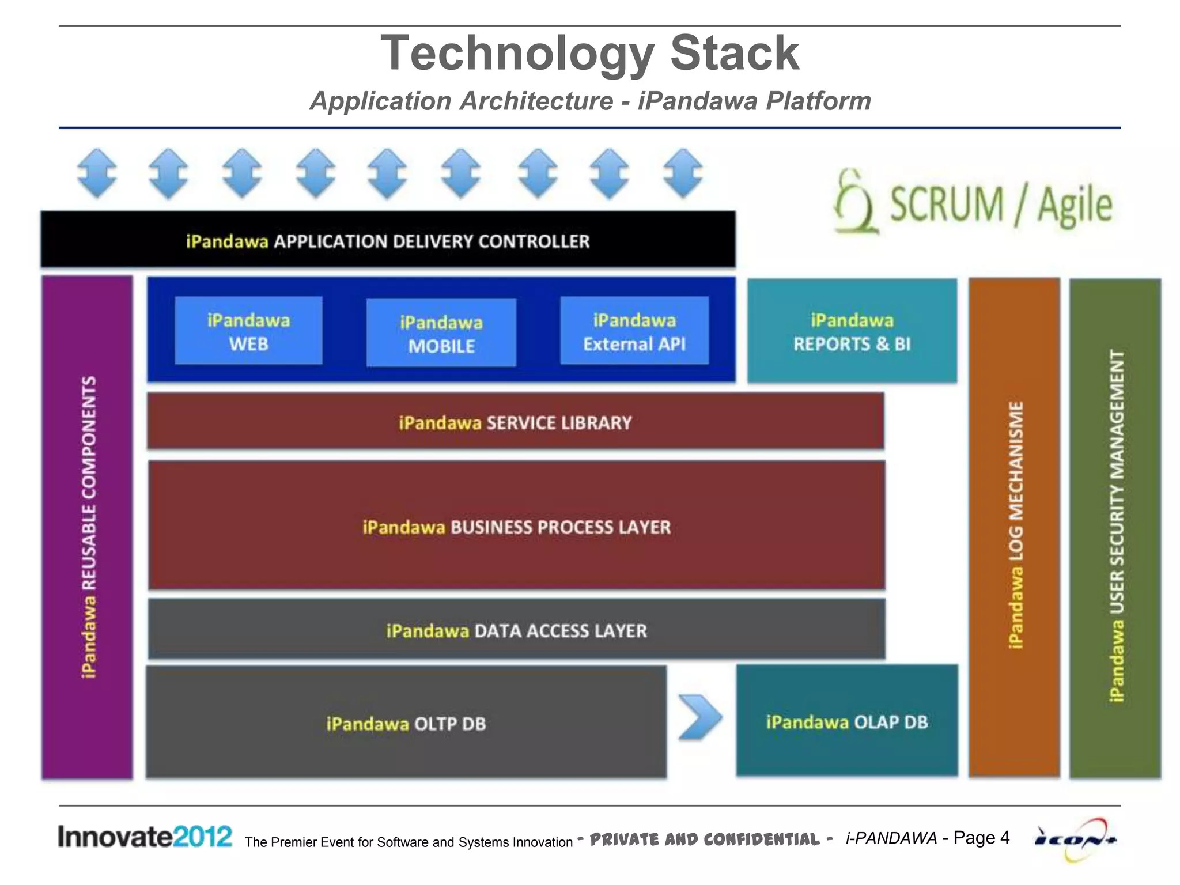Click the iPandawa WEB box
click(x=248, y=331)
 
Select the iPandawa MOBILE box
click(x=441, y=333)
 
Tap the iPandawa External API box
click(x=634, y=331)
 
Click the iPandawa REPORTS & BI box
click(x=852, y=331)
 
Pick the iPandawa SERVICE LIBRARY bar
click(x=515, y=422)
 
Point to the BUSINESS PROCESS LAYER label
click(x=560, y=527)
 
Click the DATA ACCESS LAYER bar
click(x=516, y=630)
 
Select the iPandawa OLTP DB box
click(x=406, y=723)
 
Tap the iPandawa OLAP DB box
click(x=847, y=721)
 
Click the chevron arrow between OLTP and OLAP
click(x=699, y=717)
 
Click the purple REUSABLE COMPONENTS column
click(x=88, y=527)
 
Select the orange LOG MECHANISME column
click(x=1015, y=527)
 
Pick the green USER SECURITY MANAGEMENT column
click(x=1115, y=527)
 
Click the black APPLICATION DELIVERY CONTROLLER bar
click(x=388, y=240)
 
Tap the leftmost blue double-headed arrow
click(x=97, y=173)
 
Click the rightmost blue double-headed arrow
click(x=683, y=173)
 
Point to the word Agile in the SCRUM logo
click(x=1075, y=206)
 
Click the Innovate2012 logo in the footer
click(x=145, y=837)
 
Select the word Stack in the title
click(x=735, y=53)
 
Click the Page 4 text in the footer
click(x=981, y=837)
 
